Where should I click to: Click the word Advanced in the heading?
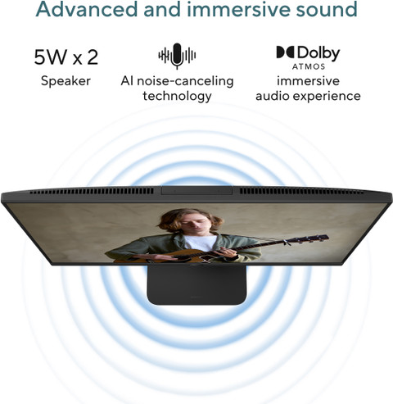[87, 9]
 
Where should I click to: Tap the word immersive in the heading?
[238, 9]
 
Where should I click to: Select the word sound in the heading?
[327, 9]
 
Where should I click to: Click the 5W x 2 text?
[65, 57]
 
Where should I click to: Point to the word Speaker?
[65, 81]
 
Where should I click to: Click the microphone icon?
[177, 56]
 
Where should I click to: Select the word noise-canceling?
[185, 81]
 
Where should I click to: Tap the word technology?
[177, 96]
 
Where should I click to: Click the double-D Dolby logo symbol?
[285, 52]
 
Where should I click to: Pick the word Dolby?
[318, 53]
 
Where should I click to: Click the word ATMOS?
[309, 66]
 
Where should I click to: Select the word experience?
[327, 96]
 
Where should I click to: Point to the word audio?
[273, 96]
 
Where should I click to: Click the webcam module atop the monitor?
[196, 191]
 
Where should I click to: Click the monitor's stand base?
[196, 285]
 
